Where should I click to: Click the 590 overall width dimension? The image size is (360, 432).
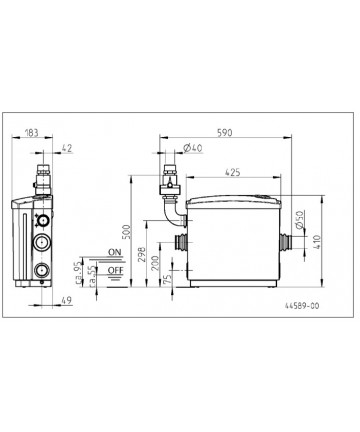tap(224, 133)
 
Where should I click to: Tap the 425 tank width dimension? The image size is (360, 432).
tap(233, 173)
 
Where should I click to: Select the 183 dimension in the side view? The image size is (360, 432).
tap(32, 133)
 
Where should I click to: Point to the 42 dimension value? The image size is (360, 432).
tap(67, 148)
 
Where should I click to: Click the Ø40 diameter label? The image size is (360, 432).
tap(193, 148)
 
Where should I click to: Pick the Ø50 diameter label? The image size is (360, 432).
tap(300, 220)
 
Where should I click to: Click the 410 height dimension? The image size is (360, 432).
tap(317, 242)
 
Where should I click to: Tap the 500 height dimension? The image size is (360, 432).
tap(127, 232)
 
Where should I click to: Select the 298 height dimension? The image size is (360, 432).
tap(142, 254)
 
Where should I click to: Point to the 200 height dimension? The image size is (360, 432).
tap(155, 263)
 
